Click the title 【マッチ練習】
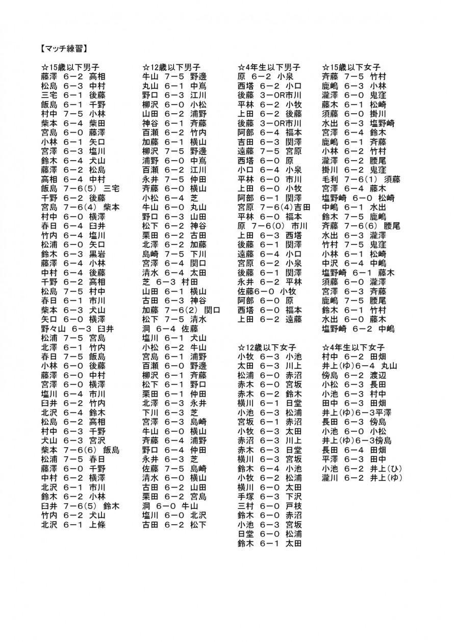[64, 49]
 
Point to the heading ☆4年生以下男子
[269, 67]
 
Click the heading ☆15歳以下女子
[351, 67]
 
